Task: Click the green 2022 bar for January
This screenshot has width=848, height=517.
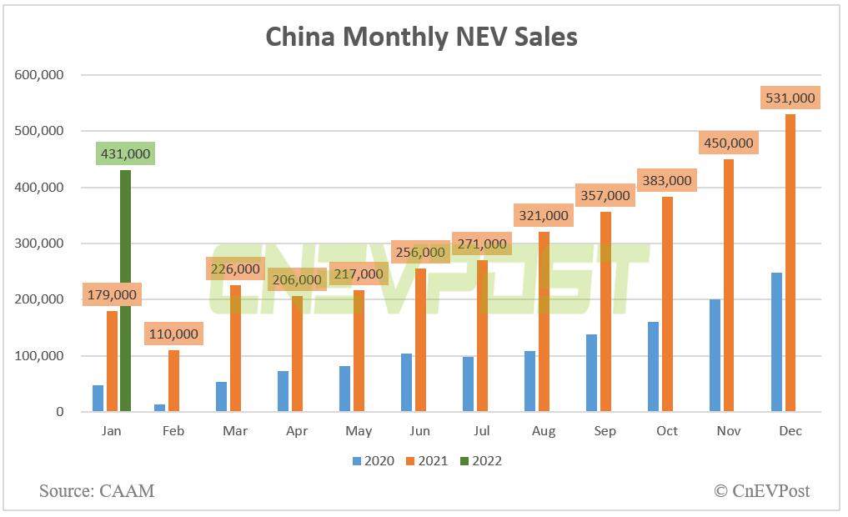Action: tap(125, 291)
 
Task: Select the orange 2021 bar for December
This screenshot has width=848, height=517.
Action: tap(790, 263)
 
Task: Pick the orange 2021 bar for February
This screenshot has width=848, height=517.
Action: tap(173, 380)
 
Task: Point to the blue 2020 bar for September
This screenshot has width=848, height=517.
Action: tap(591, 373)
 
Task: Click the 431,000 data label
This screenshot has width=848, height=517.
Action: tap(125, 154)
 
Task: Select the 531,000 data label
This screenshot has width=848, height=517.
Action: tap(790, 98)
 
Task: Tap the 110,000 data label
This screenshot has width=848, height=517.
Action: tap(173, 334)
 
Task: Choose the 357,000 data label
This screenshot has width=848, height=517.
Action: tap(605, 196)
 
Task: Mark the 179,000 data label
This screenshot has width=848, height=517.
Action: tap(112, 294)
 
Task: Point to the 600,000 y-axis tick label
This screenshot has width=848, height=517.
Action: tap(39, 75)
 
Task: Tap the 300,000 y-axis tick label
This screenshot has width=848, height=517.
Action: tap(39, 243)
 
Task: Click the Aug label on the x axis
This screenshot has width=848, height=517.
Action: tap(544, 431)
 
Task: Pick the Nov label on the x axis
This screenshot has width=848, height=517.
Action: tap(729, 431)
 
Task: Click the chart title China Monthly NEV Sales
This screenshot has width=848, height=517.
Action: tap(421, 37)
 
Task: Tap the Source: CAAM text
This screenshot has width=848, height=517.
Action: tap(97, 490)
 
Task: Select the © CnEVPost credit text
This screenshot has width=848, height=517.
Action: tap(761, 490)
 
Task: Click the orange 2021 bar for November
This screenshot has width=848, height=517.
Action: tap(729, 285)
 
